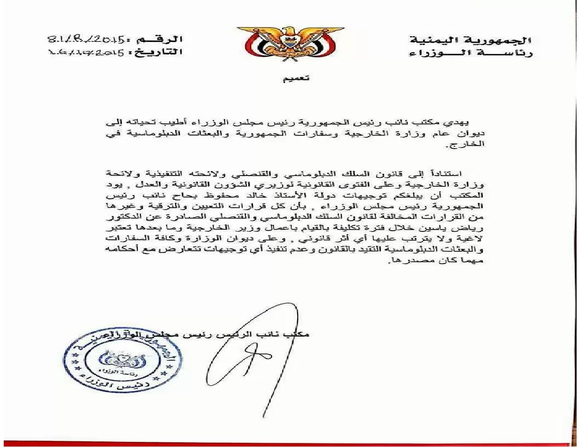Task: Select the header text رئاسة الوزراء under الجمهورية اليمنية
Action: click(x=471, y=53)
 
